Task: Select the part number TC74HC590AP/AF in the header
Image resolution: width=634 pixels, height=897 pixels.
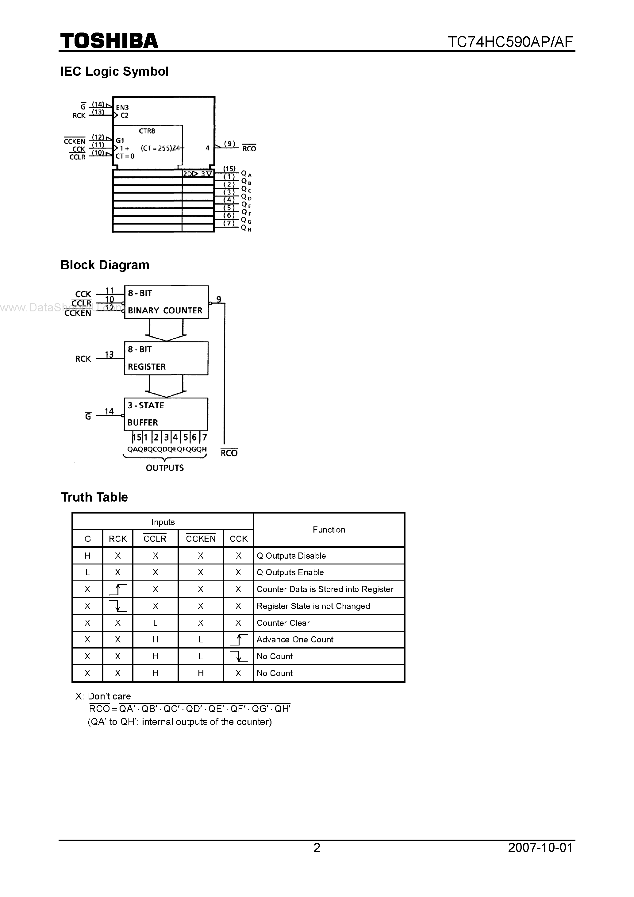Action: pos(510,41)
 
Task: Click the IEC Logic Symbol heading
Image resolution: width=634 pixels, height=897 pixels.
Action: pos(114,71)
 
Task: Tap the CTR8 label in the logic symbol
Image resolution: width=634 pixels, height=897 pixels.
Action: pos(147,131)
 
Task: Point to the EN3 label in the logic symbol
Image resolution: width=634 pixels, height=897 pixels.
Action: pos(122,107)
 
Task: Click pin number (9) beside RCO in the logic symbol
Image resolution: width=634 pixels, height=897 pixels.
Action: pos(230,144)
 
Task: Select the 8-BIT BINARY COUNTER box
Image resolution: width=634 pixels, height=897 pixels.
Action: pos(166,302)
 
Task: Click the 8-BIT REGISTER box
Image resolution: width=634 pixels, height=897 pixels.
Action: pos(166,358)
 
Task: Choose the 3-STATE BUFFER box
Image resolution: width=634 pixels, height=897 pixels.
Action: pos(166,414)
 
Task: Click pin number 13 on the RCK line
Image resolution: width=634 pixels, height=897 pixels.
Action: pos(109,354)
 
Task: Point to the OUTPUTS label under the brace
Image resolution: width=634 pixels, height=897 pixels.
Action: pos(164,468)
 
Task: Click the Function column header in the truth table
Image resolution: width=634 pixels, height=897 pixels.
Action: pos(329,530)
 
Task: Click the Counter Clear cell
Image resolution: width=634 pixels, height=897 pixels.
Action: pos(283,623)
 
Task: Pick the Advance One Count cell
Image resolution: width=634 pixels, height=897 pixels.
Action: pos(295,640)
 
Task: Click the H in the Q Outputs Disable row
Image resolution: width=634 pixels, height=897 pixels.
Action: pos(87,556)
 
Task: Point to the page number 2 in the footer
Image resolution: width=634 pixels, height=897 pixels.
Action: pos(317,847)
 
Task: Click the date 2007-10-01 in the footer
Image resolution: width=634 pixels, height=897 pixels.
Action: pos(540,847)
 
